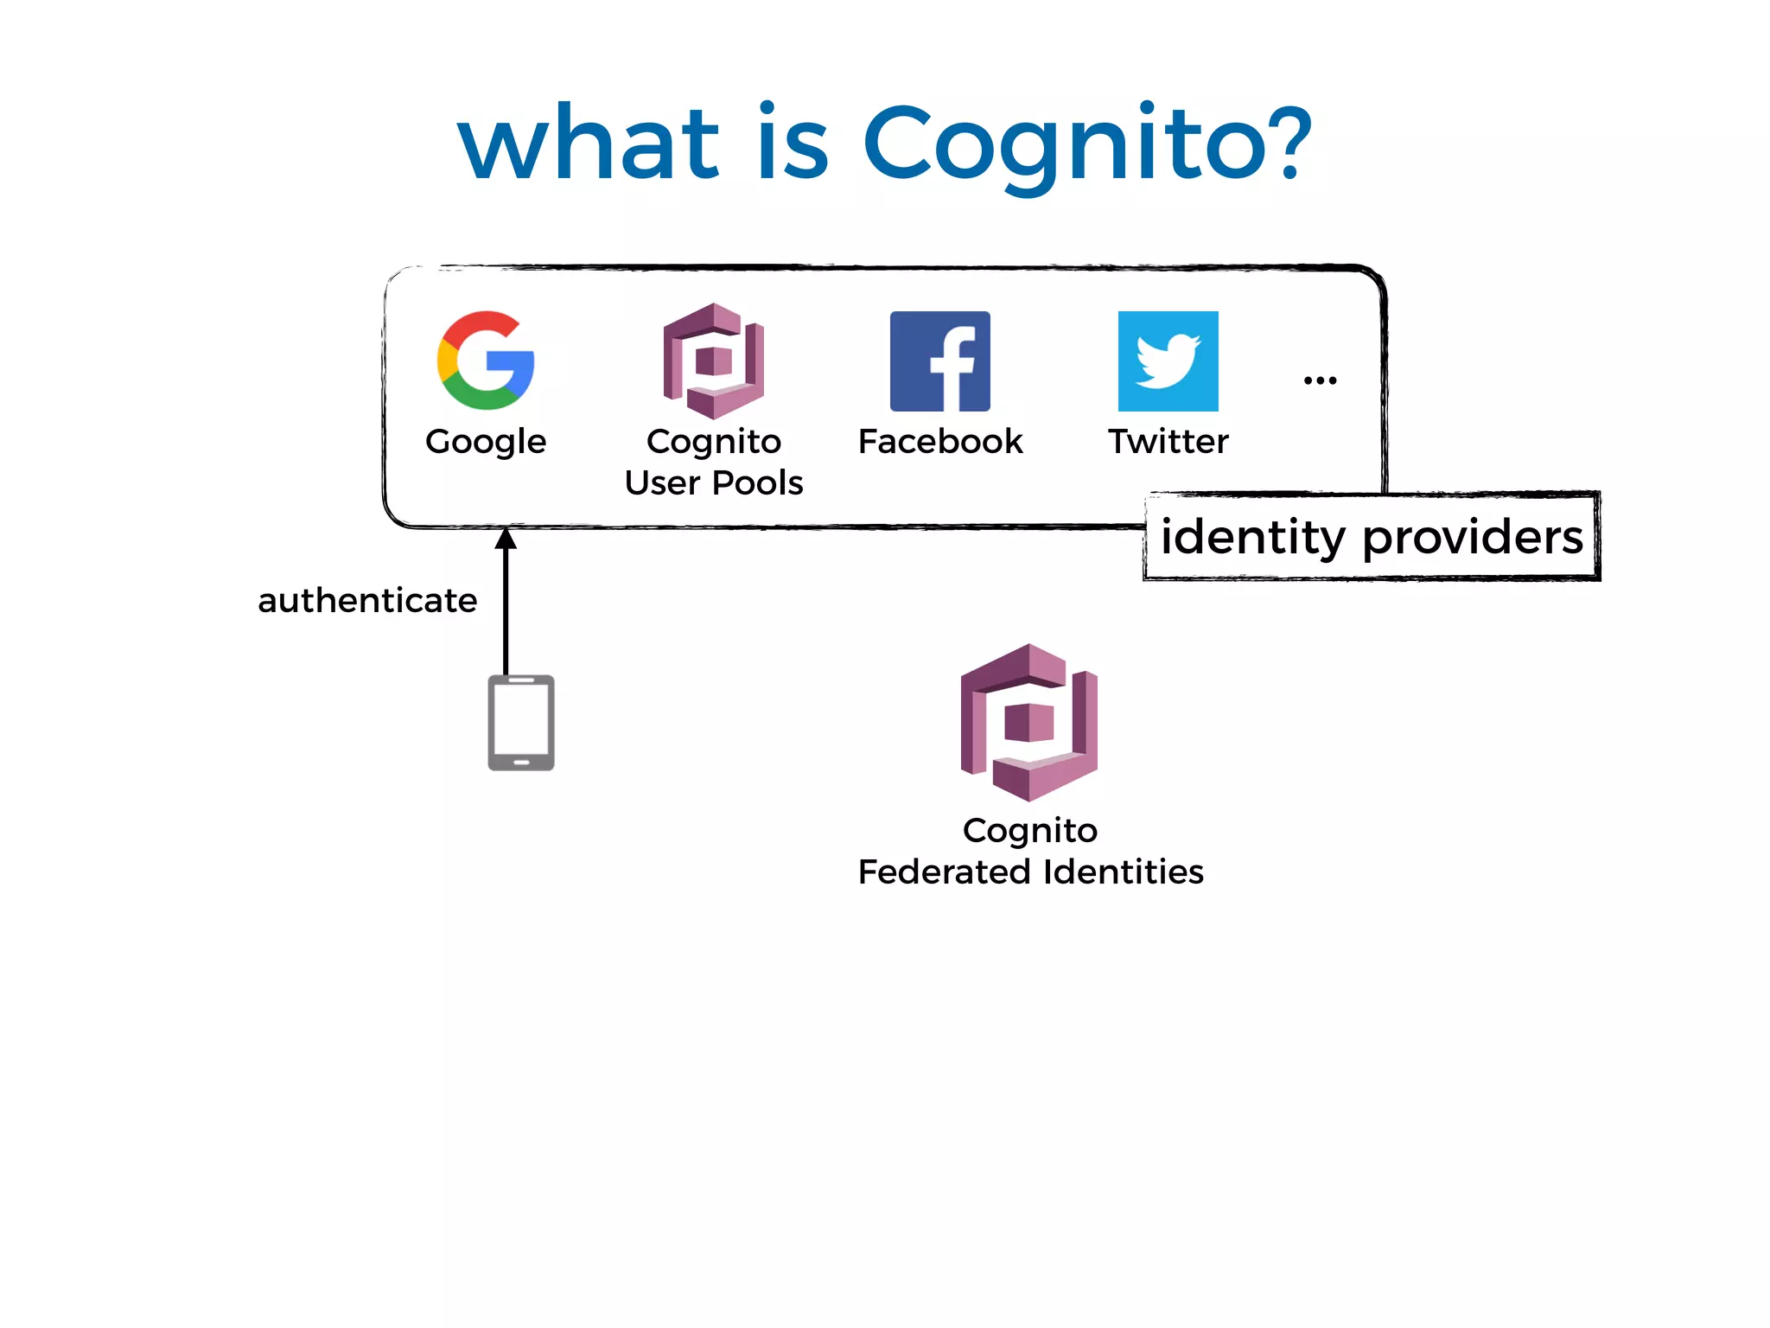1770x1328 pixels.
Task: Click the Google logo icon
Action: (x=486, y=361)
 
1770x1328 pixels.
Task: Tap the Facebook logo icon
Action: (x=940, y=361)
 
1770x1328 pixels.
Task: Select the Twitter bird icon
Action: (x=1168, y=361)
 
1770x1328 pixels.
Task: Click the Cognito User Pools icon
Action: (x=714, y=361)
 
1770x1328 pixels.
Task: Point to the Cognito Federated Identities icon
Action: (x=1028, y=722)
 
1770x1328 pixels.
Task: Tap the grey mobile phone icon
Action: (x=521, y=723)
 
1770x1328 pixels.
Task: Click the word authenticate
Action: (x=367, y=600)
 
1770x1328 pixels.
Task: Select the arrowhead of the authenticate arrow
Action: (x=506, y=539)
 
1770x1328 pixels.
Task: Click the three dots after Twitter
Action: (x=1320, y=380)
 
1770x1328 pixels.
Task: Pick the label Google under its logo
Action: (x=486, y=442)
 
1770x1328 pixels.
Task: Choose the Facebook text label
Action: (x=940, y=442)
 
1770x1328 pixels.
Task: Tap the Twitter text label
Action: (x=1168, y=442)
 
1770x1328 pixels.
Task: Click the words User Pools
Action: (x=714, y=482)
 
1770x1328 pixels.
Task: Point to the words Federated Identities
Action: (x=1030, y=871)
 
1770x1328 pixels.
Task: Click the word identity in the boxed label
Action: (x=1252, y=538)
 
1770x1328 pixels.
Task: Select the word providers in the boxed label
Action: (x=1473, y=538)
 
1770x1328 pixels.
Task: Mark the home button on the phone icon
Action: (x=521, y=763)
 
